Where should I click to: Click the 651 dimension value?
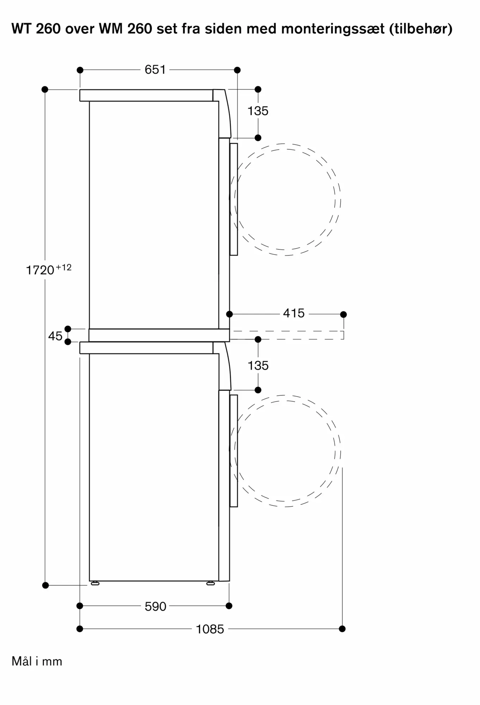155,70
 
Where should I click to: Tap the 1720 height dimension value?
40,270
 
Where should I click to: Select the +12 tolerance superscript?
63,268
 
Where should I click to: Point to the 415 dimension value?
294,313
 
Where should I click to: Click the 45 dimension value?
55,336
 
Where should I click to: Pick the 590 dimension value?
155,606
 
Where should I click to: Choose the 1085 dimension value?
210,629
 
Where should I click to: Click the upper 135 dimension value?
258,111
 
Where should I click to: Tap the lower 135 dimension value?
258,366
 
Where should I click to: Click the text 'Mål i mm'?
37,661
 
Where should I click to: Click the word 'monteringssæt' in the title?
333,29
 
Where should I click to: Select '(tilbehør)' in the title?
421,29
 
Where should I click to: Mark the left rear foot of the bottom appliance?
95,583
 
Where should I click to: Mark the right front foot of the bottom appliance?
210,583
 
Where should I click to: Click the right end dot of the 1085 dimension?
342,629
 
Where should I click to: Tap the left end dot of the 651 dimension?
80,70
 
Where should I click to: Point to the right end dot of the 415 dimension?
344,314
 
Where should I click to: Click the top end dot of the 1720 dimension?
45,90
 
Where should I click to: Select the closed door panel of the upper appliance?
234,199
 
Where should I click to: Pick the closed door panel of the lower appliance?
234,451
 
